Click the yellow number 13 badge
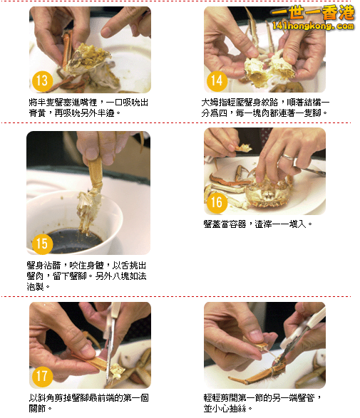42,80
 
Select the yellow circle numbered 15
42,243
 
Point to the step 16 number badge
217,202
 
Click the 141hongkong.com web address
313,26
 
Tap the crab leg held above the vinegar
93,174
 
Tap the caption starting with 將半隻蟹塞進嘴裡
89,108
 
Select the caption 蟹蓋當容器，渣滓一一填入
258,224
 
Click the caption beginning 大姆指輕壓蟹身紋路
265,108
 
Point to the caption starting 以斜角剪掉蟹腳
89,404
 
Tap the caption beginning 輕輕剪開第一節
262,404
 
